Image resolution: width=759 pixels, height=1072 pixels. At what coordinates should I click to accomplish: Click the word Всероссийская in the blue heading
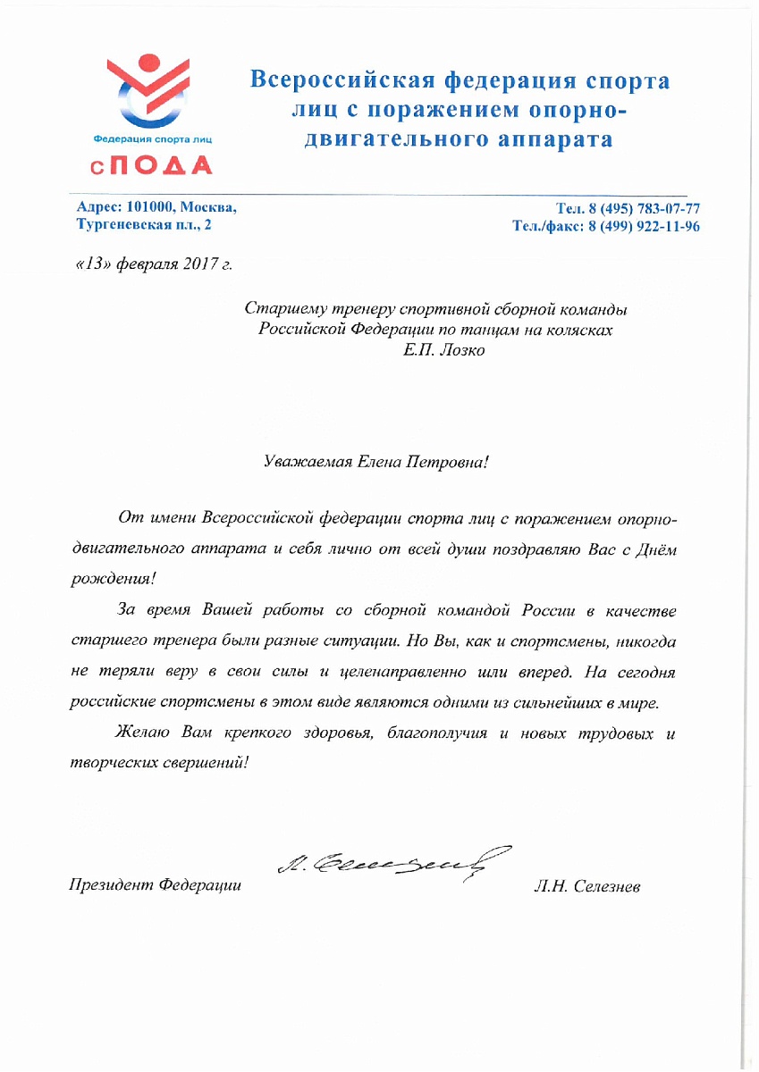pyautogui.click(x=341, y=81)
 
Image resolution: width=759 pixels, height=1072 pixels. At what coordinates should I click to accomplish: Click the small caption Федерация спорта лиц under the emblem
pyautogui.click(x=148, y=139)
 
